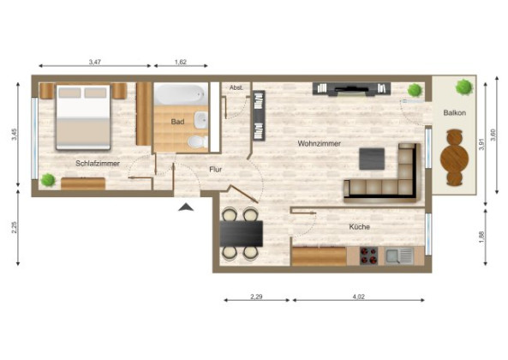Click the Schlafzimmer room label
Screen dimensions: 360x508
(x=97, y=163)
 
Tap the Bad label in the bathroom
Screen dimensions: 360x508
(x=177, y=122)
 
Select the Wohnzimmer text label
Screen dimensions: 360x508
(x=320, y=143)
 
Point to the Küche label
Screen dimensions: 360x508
(x=359, y=227)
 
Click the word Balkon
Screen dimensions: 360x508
(x=454, y=113)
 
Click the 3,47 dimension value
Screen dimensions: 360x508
(x=96, y=62)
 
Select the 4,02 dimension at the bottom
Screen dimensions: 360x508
(x=359, y=297)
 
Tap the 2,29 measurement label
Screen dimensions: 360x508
(x=255, y=297)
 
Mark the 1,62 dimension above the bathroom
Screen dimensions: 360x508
(x=182, y=62)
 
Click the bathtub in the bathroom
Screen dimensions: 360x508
(x=182, y=94)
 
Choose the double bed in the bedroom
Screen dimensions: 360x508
(x=83, y=117)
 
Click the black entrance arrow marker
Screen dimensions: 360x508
(x=184, y=206)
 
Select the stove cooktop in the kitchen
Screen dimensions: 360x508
(x=369, y=255)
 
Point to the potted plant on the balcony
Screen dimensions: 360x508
(x=464, y=87)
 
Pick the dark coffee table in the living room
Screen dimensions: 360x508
(x=372, y=159)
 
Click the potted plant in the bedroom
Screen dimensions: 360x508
(x=48, y=180)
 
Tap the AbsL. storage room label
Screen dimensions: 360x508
(x=236, y=87)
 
